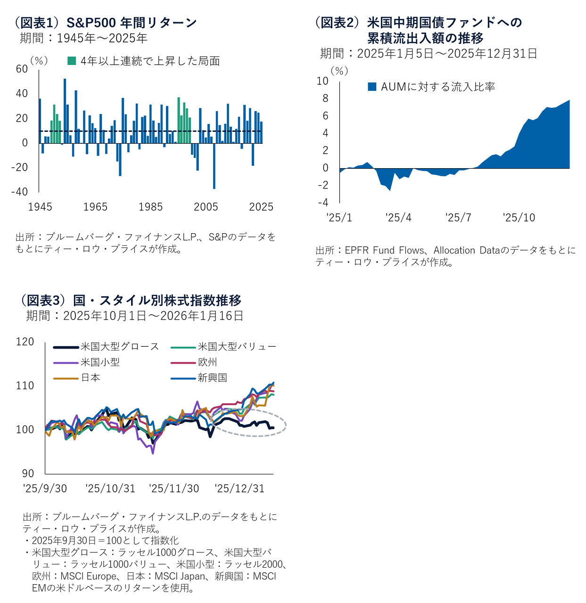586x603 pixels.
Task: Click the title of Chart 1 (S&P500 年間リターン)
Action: pyautogui.click(x=106, y=22)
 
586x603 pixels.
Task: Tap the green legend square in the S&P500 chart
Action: pyautogui.click(x=72, y=61)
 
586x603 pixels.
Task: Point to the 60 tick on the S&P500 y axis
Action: pyautogui.click(x=22, y=69)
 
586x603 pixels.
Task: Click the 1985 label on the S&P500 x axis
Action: pyautogui.click(x=150, y=207)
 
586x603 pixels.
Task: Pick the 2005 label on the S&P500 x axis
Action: pyautogui.click(x=206, y=207)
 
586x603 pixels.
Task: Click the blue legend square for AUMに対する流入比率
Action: pyautogui.click(x=372, y=87)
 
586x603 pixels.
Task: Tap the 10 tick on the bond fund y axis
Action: pyautogui.click(x=322, y=81)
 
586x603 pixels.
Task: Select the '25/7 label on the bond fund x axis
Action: pyautogui.click(x=458, y=218)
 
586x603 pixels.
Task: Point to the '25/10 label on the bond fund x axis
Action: pyautogui.click(x=519, y=218)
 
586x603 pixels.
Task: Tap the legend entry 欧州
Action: pyautogui.click(x=207, y=362)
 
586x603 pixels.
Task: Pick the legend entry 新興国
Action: pyautogui.click(x=212, y=378)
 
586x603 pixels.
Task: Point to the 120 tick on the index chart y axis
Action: pyautogui.click(x=25, y=342)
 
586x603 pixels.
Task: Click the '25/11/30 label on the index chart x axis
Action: pyautogui.click(x=174, y=489)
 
